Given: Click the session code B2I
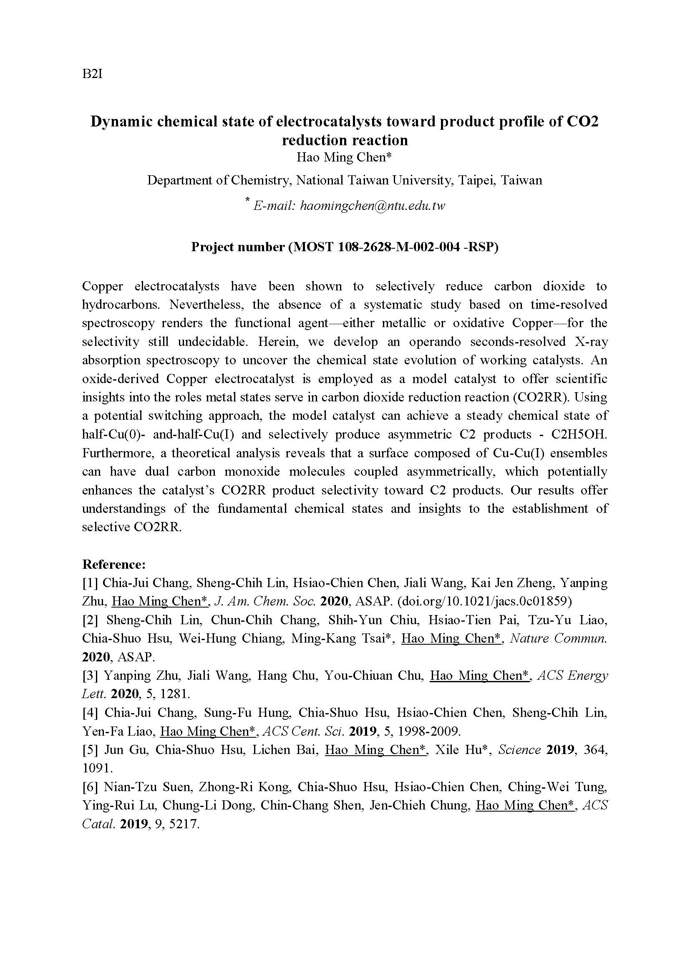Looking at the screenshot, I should click(x=92, y=74).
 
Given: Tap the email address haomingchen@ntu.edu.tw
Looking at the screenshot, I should click(x=372, y=206).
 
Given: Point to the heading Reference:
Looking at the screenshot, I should click(x=114, y=564).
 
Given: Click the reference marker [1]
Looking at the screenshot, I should click(x=91, y=583).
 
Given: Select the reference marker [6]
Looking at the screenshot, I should click(x=91, y=787).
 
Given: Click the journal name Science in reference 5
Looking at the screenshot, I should click(x=519, y=750).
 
